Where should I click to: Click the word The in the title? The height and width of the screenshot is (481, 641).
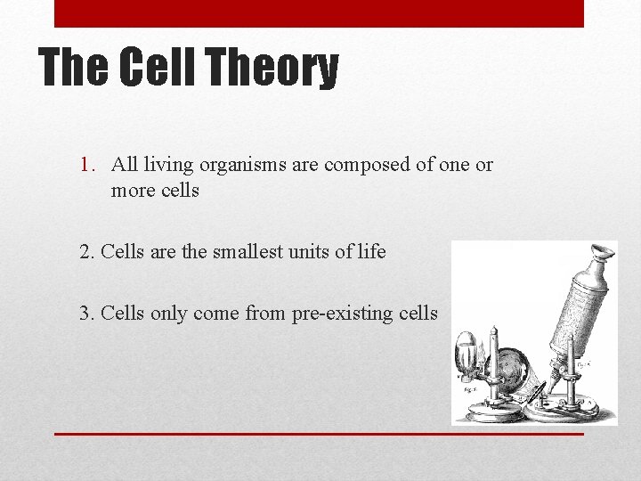click(x=74, y=69)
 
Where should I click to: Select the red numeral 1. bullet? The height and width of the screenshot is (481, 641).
click(x=89, y=165)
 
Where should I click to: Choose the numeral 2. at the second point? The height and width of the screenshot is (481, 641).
click(x=87, y=252)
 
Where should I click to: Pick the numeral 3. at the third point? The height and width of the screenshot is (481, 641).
click(x=87, y=313)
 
